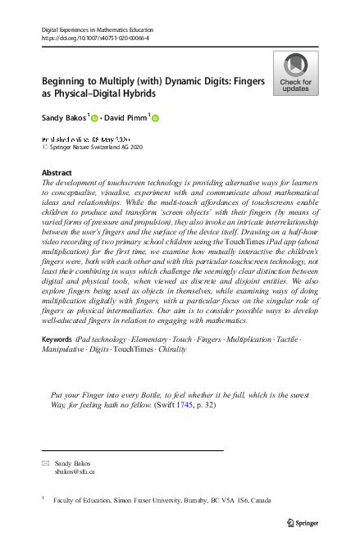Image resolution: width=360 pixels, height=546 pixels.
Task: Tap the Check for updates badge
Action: (295, 74)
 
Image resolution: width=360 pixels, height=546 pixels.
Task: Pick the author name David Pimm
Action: (125, 119)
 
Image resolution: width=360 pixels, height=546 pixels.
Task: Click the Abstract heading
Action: (57, 173)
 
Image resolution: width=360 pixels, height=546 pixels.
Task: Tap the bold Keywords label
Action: (57, 362)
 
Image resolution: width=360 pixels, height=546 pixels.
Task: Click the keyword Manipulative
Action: (68, 372)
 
